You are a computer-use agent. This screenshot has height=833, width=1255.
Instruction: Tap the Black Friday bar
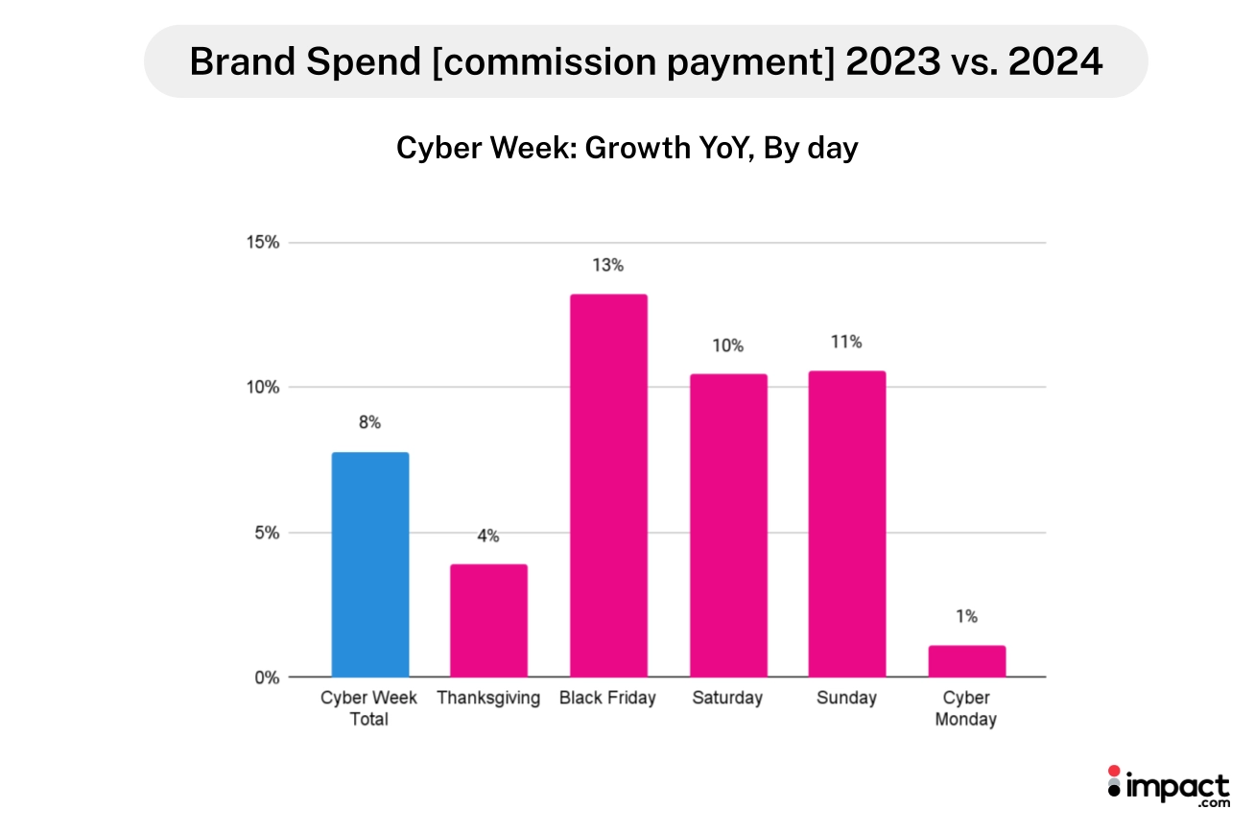607,485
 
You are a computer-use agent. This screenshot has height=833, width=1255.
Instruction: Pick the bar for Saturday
727,525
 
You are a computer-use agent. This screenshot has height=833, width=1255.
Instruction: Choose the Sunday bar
846,523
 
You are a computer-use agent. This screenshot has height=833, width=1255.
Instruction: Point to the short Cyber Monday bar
966,661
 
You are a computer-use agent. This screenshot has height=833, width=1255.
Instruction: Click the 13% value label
607,265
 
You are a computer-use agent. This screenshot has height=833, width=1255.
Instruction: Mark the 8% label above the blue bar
369,422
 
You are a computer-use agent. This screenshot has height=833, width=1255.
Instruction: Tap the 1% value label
966,616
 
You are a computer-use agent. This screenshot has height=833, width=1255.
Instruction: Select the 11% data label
846,342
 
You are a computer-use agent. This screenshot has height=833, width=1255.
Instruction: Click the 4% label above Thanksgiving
488,536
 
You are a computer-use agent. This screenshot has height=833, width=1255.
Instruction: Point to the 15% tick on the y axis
260,243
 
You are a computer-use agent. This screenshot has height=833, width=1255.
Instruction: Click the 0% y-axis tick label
265,678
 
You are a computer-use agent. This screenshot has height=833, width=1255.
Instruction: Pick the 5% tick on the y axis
265,533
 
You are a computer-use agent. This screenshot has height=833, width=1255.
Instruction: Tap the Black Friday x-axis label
607,698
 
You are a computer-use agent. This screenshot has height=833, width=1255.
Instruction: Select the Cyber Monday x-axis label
966,708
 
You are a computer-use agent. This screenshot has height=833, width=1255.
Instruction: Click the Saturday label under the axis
727,698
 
